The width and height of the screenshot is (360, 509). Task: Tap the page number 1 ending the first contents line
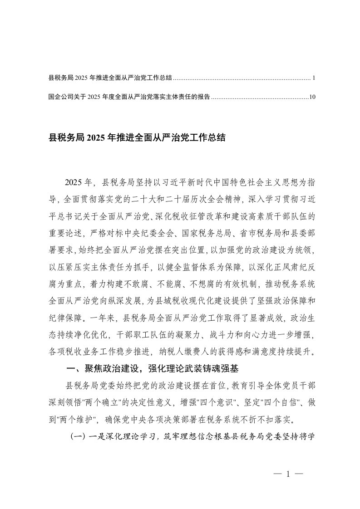(314, 78)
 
